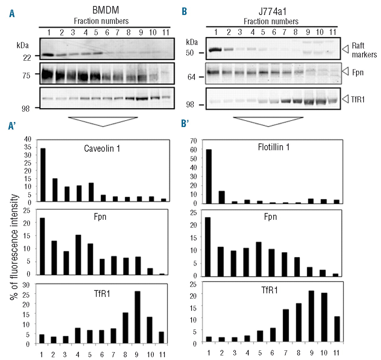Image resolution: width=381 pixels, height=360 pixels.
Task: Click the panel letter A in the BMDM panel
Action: point(12,14)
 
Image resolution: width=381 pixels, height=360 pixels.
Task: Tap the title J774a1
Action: point(272,12)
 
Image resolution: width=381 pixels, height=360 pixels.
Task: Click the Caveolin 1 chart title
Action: point(102,148)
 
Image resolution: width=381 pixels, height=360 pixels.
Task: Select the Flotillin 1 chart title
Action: point(274,147)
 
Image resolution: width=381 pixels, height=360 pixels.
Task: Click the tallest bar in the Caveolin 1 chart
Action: point(43,175)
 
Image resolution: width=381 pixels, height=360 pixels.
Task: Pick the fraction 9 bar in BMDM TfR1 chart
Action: point(138,317)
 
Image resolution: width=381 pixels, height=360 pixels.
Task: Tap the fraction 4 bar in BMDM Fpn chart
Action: point(78,255)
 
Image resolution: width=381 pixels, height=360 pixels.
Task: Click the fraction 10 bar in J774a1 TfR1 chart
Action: point(324,317)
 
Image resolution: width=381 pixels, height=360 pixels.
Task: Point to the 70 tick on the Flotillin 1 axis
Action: point(193,141)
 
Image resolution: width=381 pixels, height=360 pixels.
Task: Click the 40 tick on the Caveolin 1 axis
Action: point(28,139)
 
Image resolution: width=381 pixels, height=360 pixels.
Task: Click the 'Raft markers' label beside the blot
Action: point(364,50)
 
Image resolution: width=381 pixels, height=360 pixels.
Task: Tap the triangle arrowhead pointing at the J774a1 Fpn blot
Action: point(345,71)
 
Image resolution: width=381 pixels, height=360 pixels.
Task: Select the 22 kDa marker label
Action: point(27,57)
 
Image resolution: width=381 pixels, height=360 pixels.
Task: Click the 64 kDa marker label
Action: point(191,77)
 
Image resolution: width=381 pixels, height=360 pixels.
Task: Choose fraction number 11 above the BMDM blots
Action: point(165,32)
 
